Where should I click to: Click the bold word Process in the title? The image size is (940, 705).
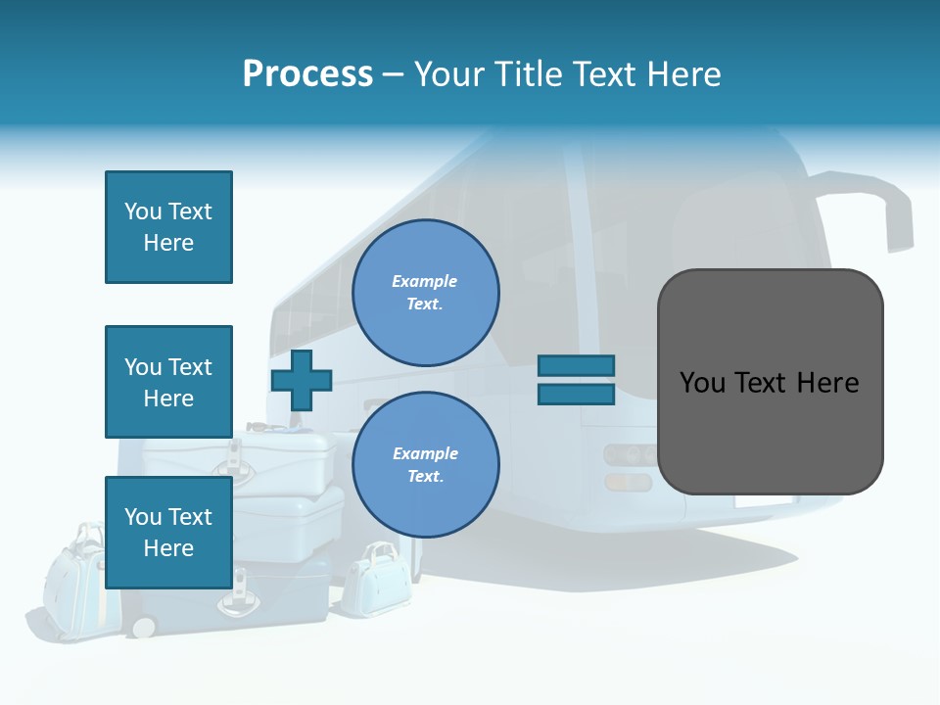pos(307,74)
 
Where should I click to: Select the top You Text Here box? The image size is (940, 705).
pos(168,227)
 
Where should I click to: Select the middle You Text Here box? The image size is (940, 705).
pos(168,382)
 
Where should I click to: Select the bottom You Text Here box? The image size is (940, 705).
pos(168,532)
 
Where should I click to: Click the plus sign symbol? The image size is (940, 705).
pos(302,380)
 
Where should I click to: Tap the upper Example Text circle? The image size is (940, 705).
pos(425,293)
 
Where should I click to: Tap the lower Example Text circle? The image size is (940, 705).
pos(425,465)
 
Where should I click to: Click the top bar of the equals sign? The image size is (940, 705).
pos(576,365)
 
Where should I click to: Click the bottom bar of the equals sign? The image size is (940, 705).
pos(576,395)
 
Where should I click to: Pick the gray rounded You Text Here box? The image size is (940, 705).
pos(770,382)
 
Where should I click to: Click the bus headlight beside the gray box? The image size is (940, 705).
pos(630,455)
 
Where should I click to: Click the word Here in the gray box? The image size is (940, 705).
pos(827,382)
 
